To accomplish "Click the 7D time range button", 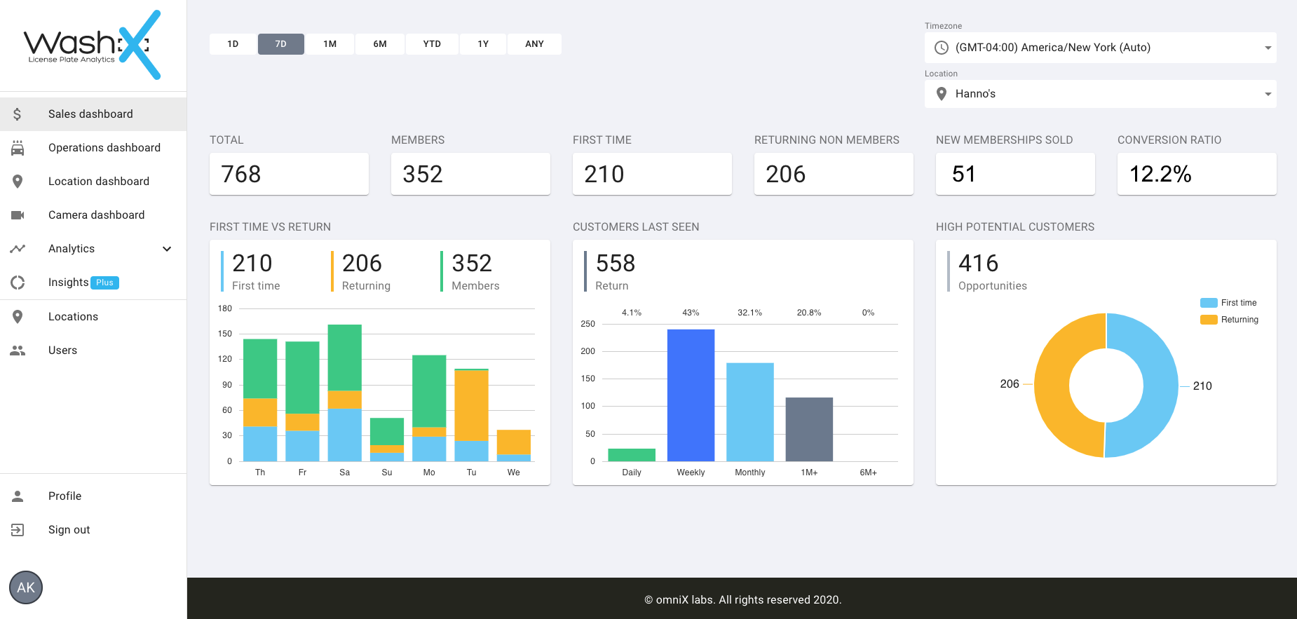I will tap(280, 44).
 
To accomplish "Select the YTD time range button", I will tap(432, 44).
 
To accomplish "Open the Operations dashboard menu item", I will tap(104, 148).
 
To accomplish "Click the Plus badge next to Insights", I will tap(104, 283).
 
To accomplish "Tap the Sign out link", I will tap(69, 530).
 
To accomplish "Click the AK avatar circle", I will tap(26, 587).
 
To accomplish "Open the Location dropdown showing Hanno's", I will tap(1099, 94).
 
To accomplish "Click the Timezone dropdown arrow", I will tap(1268, 48).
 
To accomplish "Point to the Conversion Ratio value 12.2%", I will tap(1160, 174).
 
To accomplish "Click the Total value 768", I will tap(241, 174).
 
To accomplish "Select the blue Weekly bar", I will tap(691, 395).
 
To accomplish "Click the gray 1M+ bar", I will tap(809, 429).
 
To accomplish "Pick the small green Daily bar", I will tap(632, 454).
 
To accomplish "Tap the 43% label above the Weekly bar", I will tap(691, 313).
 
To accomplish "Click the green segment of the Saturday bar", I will tap(345, 357).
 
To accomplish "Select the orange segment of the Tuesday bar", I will tap(471, 405).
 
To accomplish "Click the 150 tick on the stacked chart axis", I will tap(224, 334).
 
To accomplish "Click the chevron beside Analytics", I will tap(167, 249).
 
